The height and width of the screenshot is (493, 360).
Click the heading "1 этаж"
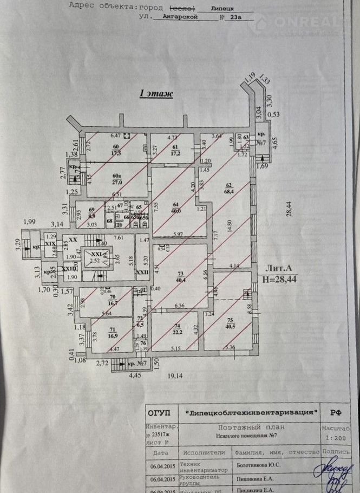(x=156, y=94)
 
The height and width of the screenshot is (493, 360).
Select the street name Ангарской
(x=172, y=17)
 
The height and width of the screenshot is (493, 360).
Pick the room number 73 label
(x=181, y=274)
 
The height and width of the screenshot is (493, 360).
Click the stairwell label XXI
(x=96, y=254)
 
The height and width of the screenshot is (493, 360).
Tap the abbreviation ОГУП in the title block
(x=161, y=412)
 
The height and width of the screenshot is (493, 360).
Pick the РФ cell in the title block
(x=336, y=412)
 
